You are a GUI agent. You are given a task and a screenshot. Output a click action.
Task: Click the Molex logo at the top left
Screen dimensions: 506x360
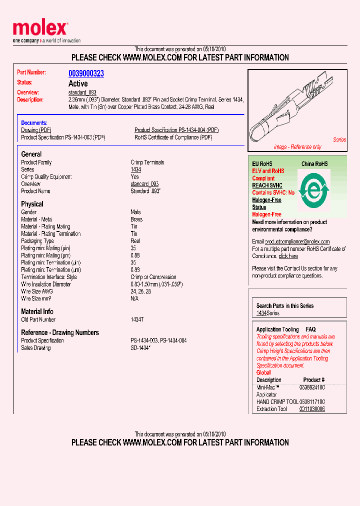pos(40,29)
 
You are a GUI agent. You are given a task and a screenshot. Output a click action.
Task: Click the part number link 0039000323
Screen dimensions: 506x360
pos(86,73)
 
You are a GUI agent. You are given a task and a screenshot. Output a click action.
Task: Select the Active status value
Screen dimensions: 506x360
pos(78,83)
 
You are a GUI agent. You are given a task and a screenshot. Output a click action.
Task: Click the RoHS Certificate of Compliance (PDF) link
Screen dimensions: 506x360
pos(173,137)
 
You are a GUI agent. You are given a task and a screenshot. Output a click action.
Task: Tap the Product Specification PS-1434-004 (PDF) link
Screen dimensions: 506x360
pos(176,130)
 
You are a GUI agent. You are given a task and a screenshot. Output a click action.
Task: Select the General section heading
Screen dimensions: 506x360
pos(31,154)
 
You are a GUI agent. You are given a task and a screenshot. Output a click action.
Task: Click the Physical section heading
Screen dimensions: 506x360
pos(32,204)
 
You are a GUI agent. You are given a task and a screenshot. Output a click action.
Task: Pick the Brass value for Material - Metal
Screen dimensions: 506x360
pos(136,219)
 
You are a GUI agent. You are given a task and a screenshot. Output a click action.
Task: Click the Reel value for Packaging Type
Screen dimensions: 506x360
pos(135,241)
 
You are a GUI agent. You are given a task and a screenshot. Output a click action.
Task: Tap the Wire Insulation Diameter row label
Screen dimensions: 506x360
pos(46,284)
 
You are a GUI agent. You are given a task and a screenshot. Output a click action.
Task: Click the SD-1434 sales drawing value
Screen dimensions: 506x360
pos(140,348)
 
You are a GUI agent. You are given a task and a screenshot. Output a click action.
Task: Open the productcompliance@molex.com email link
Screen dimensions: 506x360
pos(297,241)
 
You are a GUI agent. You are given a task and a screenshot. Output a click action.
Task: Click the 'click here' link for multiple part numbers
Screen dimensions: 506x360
pos(288,256)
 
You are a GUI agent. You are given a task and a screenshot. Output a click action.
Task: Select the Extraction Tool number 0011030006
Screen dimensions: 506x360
pos(312,409)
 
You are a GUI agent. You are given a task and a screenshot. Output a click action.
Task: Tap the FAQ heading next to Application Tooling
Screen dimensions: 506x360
pos(310,329)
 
